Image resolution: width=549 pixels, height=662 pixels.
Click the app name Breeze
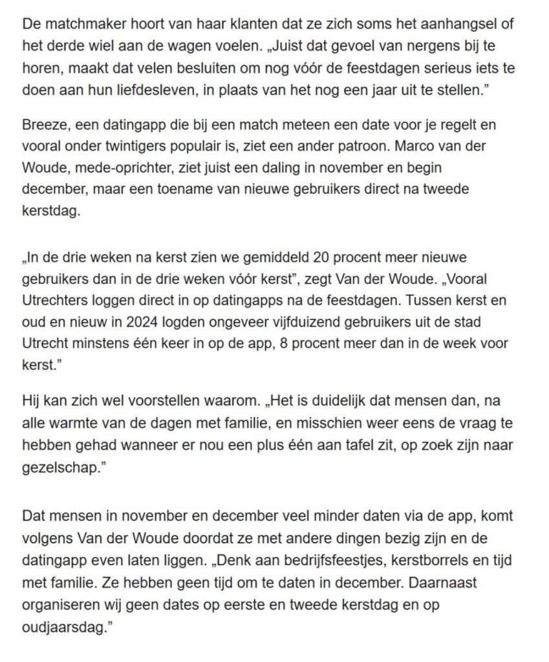click(x=43, y=126)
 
